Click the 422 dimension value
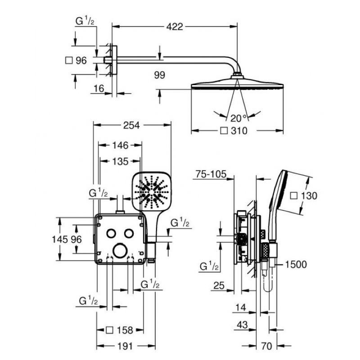pyautogui.click(x=175, y=27)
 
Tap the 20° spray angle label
pyautogui.click(x=238, y=118)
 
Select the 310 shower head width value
pyautogui.click(x=239, y=131)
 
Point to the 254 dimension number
pyautogui.click(x=131, y=126)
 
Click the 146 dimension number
pyautogui.click(x=120, y=145)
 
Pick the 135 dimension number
pyautogui.click(x=120, y=162)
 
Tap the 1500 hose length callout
pyautogui.click(x=296, y=265)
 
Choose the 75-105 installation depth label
pyautogui.click(x=211, y=174)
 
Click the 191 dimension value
pyautogui.click(x=125, y=346)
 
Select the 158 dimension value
pyautogui.click(x=125, y=330)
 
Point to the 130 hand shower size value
pyautogui.click(x=309, y=196)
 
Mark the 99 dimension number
pyautogui.click(x=160, y=75)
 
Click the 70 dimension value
pyautogui.click(x=266, y=346)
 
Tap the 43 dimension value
pyautogui.click(x=243, y=325)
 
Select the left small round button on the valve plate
pyautogui.click(x=111, y=233)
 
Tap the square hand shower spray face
pyautogui.click(x=152, y=191)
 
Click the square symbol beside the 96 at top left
pyautogui.click(x=69, y=60)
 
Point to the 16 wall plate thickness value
pyautogui.click(x=99, y=88)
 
